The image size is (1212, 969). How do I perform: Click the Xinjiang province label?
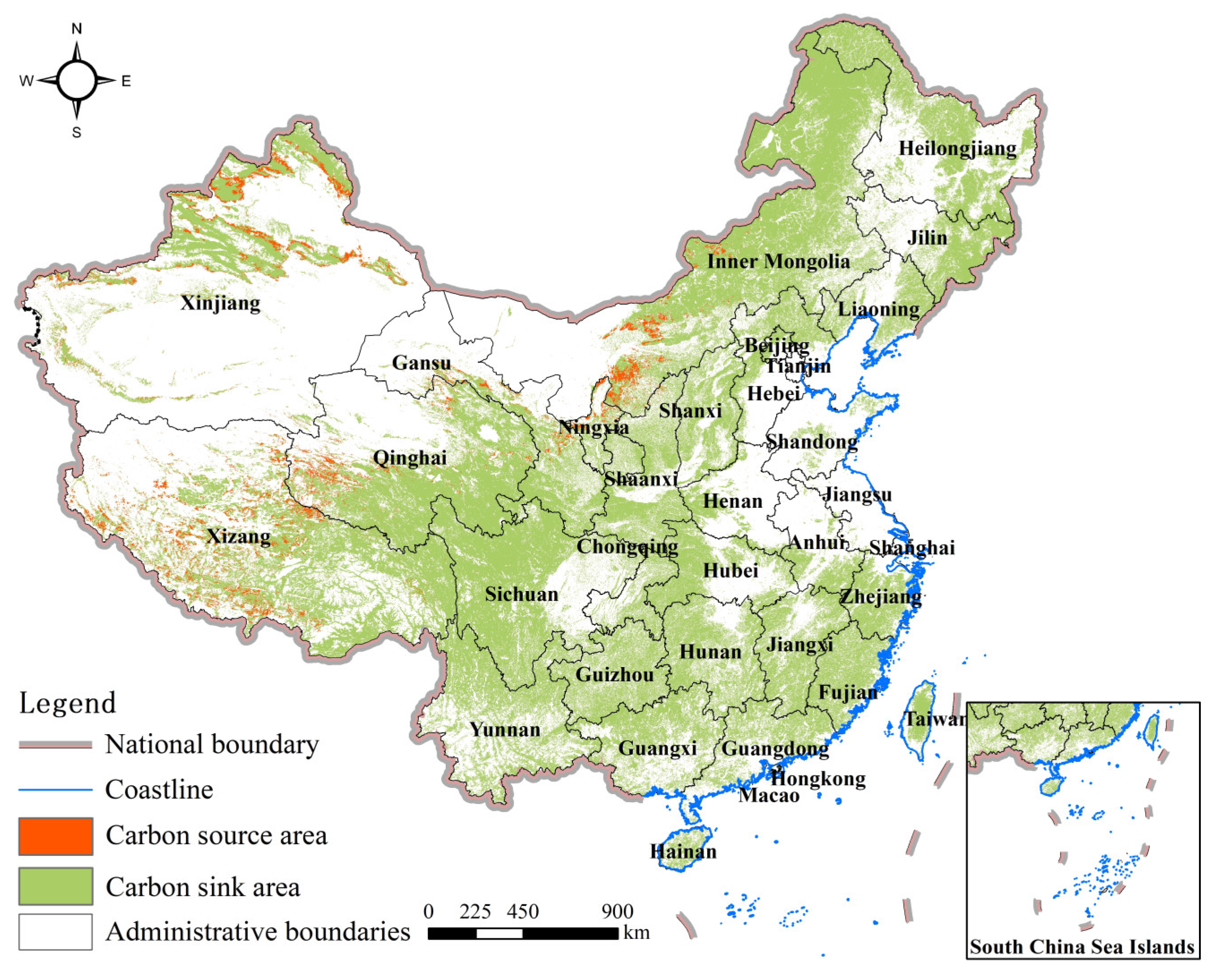[220, 303]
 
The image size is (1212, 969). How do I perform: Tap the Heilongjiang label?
[957, 149]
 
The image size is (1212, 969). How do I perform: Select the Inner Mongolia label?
[778, 261]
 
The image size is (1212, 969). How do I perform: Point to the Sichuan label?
[522, 594]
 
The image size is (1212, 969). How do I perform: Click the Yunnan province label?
[505, 730]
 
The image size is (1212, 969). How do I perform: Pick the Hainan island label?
[683, 851]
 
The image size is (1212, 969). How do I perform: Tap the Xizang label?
[239, 536]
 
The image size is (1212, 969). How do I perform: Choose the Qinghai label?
[410, 458]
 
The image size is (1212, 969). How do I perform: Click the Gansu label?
[422, 362]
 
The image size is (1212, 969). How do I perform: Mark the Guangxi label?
[657, 748]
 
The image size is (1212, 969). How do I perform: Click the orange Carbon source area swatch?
[55, 836]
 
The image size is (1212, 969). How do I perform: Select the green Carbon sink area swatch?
[55, 886]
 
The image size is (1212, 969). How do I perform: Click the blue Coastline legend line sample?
[55, 790]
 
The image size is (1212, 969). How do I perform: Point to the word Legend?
[68, 703]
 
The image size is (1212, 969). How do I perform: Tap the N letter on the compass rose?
[77, 29]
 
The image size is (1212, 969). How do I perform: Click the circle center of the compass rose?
[77, 81]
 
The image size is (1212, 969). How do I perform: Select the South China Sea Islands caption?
[1082, 947]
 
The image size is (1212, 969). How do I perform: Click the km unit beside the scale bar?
[636, 933]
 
